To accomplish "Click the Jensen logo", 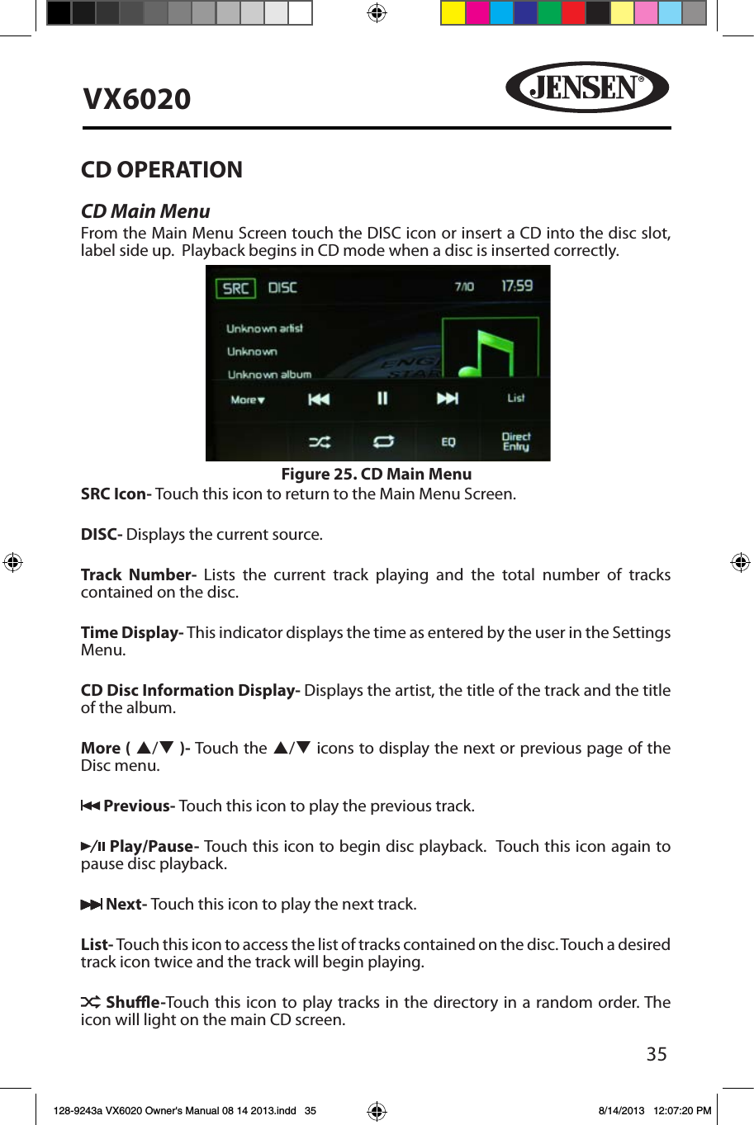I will coord(586,87).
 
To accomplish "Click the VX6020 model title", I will coord(137,99).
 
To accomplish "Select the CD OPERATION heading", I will coord(162,170).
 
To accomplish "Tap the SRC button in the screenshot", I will coord(235,288).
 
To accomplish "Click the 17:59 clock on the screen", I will coord(517,286).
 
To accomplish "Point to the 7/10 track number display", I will coord(464,286).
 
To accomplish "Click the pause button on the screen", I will coord(382,399).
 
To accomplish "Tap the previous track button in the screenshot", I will coord(319,399).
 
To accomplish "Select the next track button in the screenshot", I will coord(447,399).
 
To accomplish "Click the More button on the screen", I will coord(247,400).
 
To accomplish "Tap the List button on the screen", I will coord(515,398).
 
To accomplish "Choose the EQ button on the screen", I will coord(448,442).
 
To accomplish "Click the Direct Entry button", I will coord(516,442).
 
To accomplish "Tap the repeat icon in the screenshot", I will coord(383,442).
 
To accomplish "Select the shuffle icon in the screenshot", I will coord(320,442).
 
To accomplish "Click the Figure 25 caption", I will coord(377,474).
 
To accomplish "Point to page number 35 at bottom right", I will coord(657,1054).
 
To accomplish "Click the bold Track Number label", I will coord(138,574).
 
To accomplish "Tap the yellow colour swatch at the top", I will coord(453,13).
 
